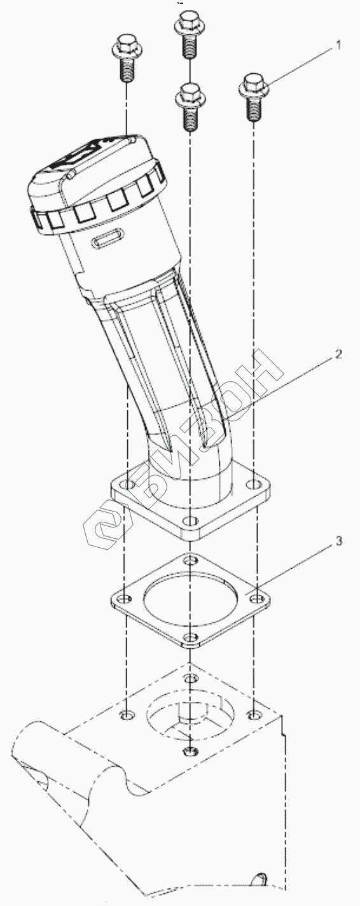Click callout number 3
(339, 541)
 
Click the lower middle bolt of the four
(190, 106)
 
